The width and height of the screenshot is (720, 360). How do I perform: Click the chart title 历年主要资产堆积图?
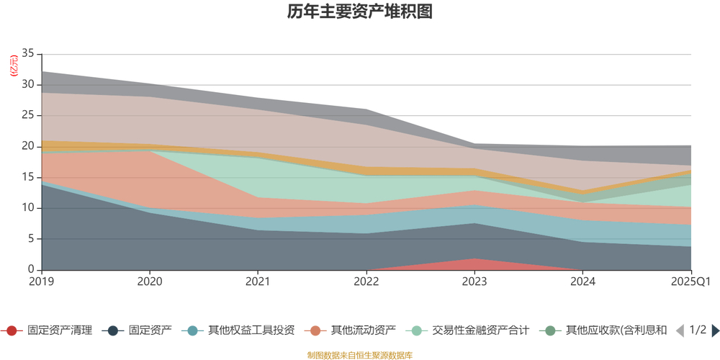359,12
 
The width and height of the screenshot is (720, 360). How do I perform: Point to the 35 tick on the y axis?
28,54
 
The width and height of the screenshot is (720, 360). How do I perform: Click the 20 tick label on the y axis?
28,146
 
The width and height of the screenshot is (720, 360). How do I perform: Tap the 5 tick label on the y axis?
31,239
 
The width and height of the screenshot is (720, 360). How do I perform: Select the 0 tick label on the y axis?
31,270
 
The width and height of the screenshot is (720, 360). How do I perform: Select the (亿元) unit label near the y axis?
14,66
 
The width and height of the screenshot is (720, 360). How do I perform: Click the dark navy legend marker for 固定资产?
112,330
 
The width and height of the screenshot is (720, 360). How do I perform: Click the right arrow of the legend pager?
715,330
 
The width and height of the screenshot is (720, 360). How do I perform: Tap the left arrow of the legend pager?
679,330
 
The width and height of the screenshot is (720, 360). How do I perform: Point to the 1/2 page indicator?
697,330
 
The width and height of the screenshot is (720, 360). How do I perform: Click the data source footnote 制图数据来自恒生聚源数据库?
359,355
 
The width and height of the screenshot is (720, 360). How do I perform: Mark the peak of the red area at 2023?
474,258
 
